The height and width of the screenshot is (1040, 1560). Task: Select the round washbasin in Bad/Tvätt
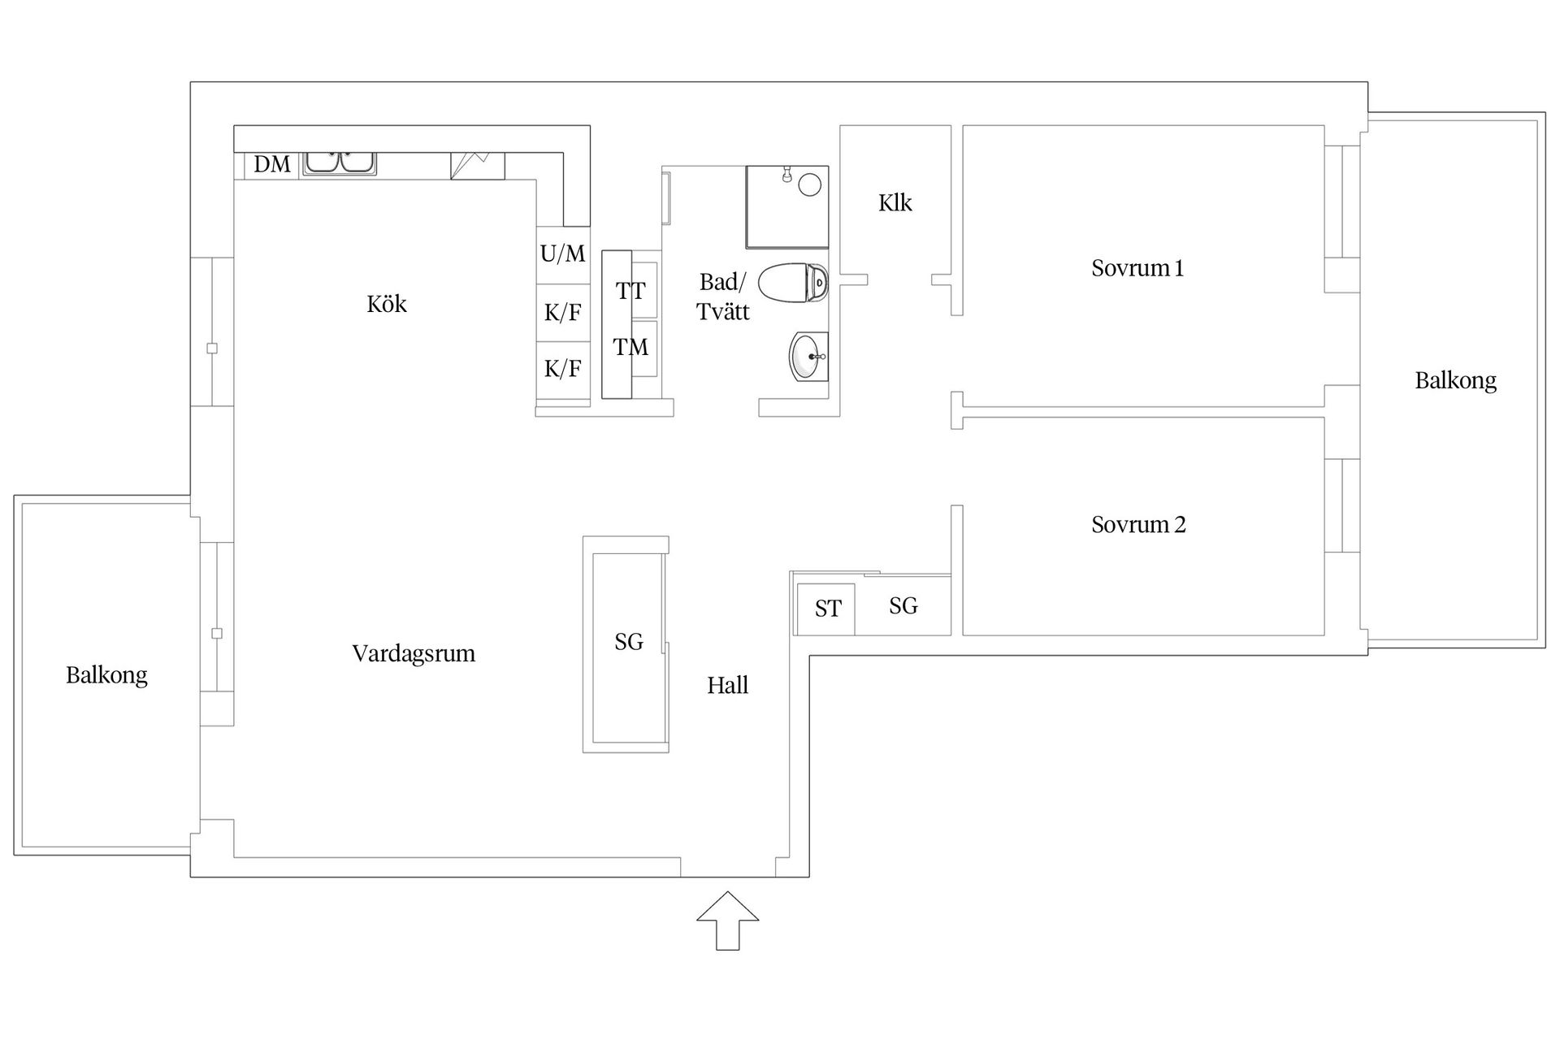(808, 356)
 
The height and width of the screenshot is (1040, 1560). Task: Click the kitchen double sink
(340, 162)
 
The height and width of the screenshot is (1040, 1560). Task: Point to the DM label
(271, 165)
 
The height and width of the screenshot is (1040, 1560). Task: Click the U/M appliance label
(562, 253)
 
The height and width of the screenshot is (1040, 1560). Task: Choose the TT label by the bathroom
(630, 291)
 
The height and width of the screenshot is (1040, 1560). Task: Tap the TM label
(630, 348)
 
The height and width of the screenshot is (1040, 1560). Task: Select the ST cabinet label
(827, 609)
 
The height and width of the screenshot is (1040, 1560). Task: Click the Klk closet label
(895, 202)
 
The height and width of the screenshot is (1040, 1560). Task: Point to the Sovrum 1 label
(1137, 268)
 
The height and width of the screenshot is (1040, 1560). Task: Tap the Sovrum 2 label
(1137, 525)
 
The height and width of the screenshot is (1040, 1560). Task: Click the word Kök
(386, 304)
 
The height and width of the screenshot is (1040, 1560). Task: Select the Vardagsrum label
(413, 653)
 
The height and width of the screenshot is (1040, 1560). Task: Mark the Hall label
(727, 686)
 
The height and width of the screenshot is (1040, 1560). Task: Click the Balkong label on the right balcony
(1454, 380)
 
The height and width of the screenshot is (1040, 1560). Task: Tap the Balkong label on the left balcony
(106, 675)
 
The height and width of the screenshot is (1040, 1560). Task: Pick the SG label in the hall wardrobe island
(628, 642)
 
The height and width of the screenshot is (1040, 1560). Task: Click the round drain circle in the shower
(809, 184)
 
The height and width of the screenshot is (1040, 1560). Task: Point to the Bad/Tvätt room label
(722, 297)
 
